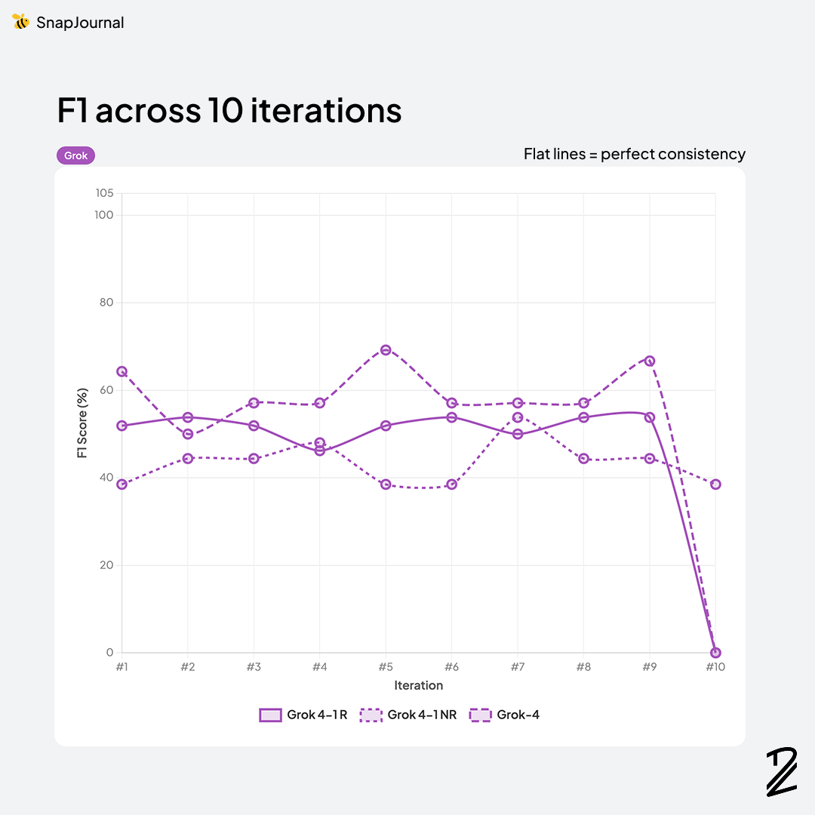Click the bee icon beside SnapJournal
[21, 22]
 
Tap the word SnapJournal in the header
[80, 23]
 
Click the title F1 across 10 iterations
[229, 110]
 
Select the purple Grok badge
[75, 155]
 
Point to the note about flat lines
[635, 154]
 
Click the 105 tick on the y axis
[104, 193]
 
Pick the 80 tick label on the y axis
[106, 303]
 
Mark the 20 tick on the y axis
[106, 565]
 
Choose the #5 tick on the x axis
[386, 667]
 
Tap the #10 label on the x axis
[715, 667]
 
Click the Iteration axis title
[418, 685]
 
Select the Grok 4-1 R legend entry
[303, 715]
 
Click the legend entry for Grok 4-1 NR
[408, 715]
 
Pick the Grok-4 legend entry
[505, 715]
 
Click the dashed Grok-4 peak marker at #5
[386, 349]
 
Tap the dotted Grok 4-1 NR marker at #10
[715, 484]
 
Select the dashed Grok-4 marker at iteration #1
[121, 371]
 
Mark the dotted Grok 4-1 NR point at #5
[386, 484]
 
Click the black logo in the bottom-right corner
[781, 771]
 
